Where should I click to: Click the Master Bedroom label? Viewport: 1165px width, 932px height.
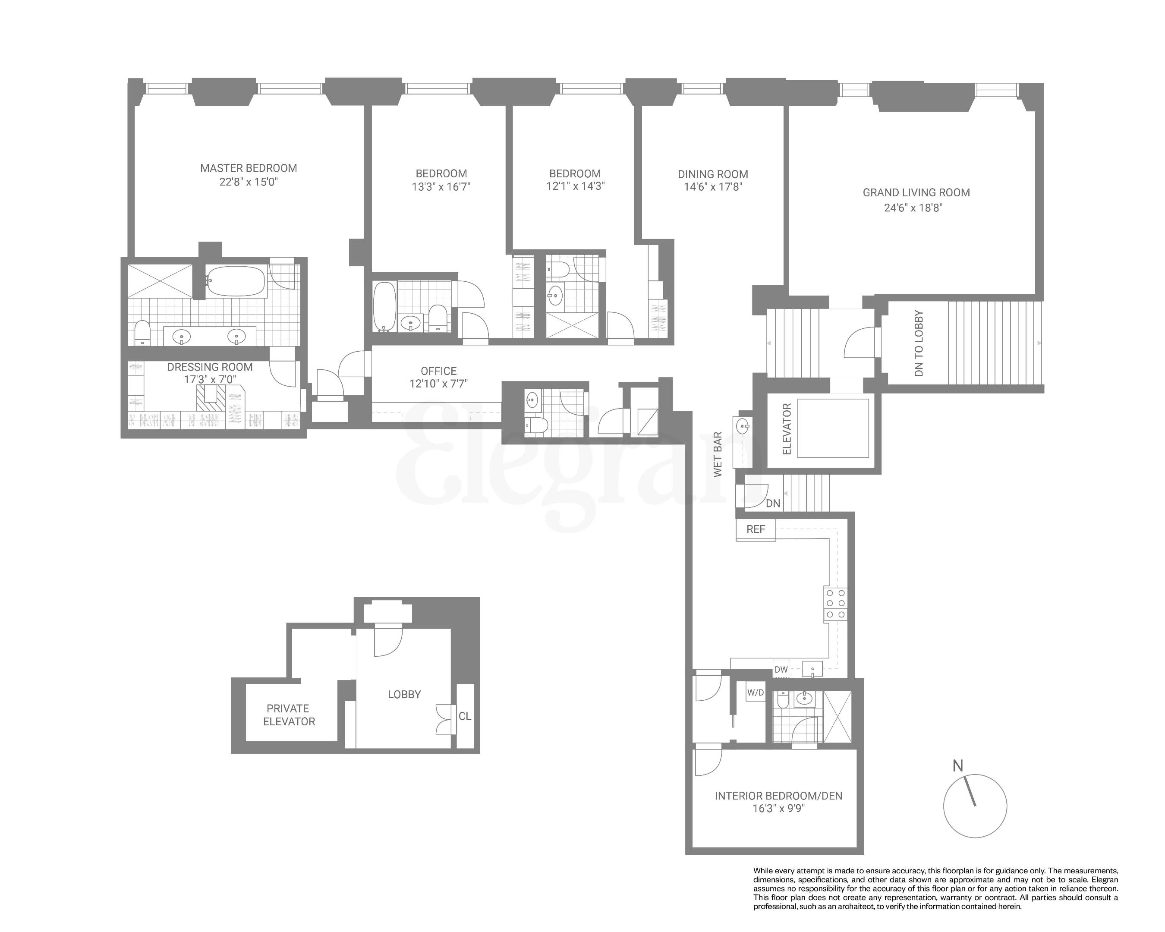[x=249, y=168]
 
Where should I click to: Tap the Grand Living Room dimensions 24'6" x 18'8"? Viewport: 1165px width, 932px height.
[x=913, y=208]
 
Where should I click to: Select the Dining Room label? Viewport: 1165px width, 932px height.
[x=713, y=174]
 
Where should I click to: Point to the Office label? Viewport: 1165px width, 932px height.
[x=438, y=371]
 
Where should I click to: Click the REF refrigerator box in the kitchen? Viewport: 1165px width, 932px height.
[x=756, y=529]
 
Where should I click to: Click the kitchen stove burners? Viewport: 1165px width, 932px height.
[x=835, y=604]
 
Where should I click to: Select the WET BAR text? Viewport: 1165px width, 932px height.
[x=718, y=454]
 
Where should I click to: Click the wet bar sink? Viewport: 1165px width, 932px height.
[x=744, y=426]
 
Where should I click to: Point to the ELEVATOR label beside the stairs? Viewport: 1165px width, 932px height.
[x=787, y=429]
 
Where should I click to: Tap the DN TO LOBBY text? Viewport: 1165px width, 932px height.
[x=919, y=343]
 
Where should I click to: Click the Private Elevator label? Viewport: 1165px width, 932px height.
[x=289, y=715]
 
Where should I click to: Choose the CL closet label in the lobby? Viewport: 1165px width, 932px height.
[x=465, y=716]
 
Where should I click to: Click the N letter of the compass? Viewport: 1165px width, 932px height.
[x=957, y=765]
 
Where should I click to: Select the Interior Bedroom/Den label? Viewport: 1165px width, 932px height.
[x=778, y=796]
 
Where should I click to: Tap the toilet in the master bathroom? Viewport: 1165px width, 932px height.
[x=142, y=332]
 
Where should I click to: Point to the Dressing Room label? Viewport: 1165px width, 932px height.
[x=210, y=367]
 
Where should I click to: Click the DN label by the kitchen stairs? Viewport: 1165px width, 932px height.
[x=773, y=504]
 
